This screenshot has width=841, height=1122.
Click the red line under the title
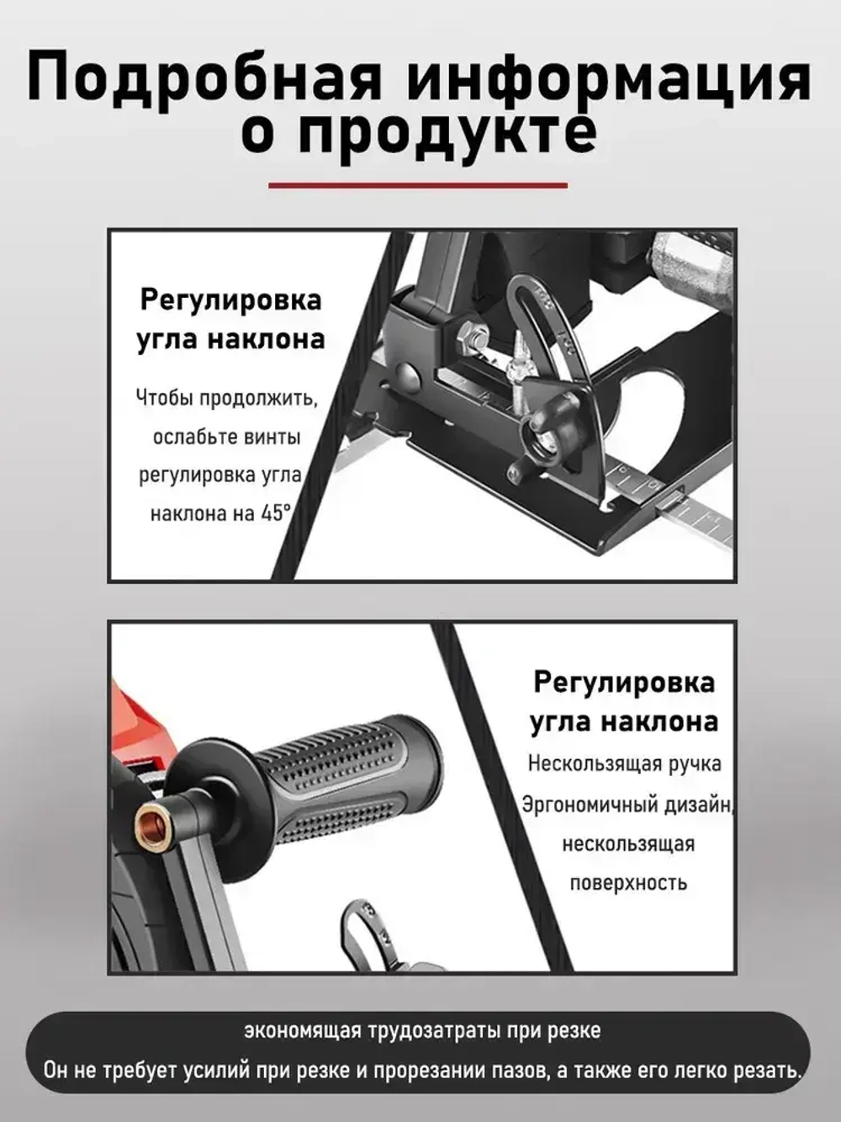pos(418,185)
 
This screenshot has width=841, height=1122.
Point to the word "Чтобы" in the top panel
pos(165,397)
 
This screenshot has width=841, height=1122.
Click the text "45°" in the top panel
pos(276,513)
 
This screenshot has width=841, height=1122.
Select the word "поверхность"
pos(628,883)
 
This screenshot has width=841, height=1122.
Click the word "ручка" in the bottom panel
pos(696,765)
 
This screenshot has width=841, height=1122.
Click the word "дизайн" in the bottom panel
pos(699,806)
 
